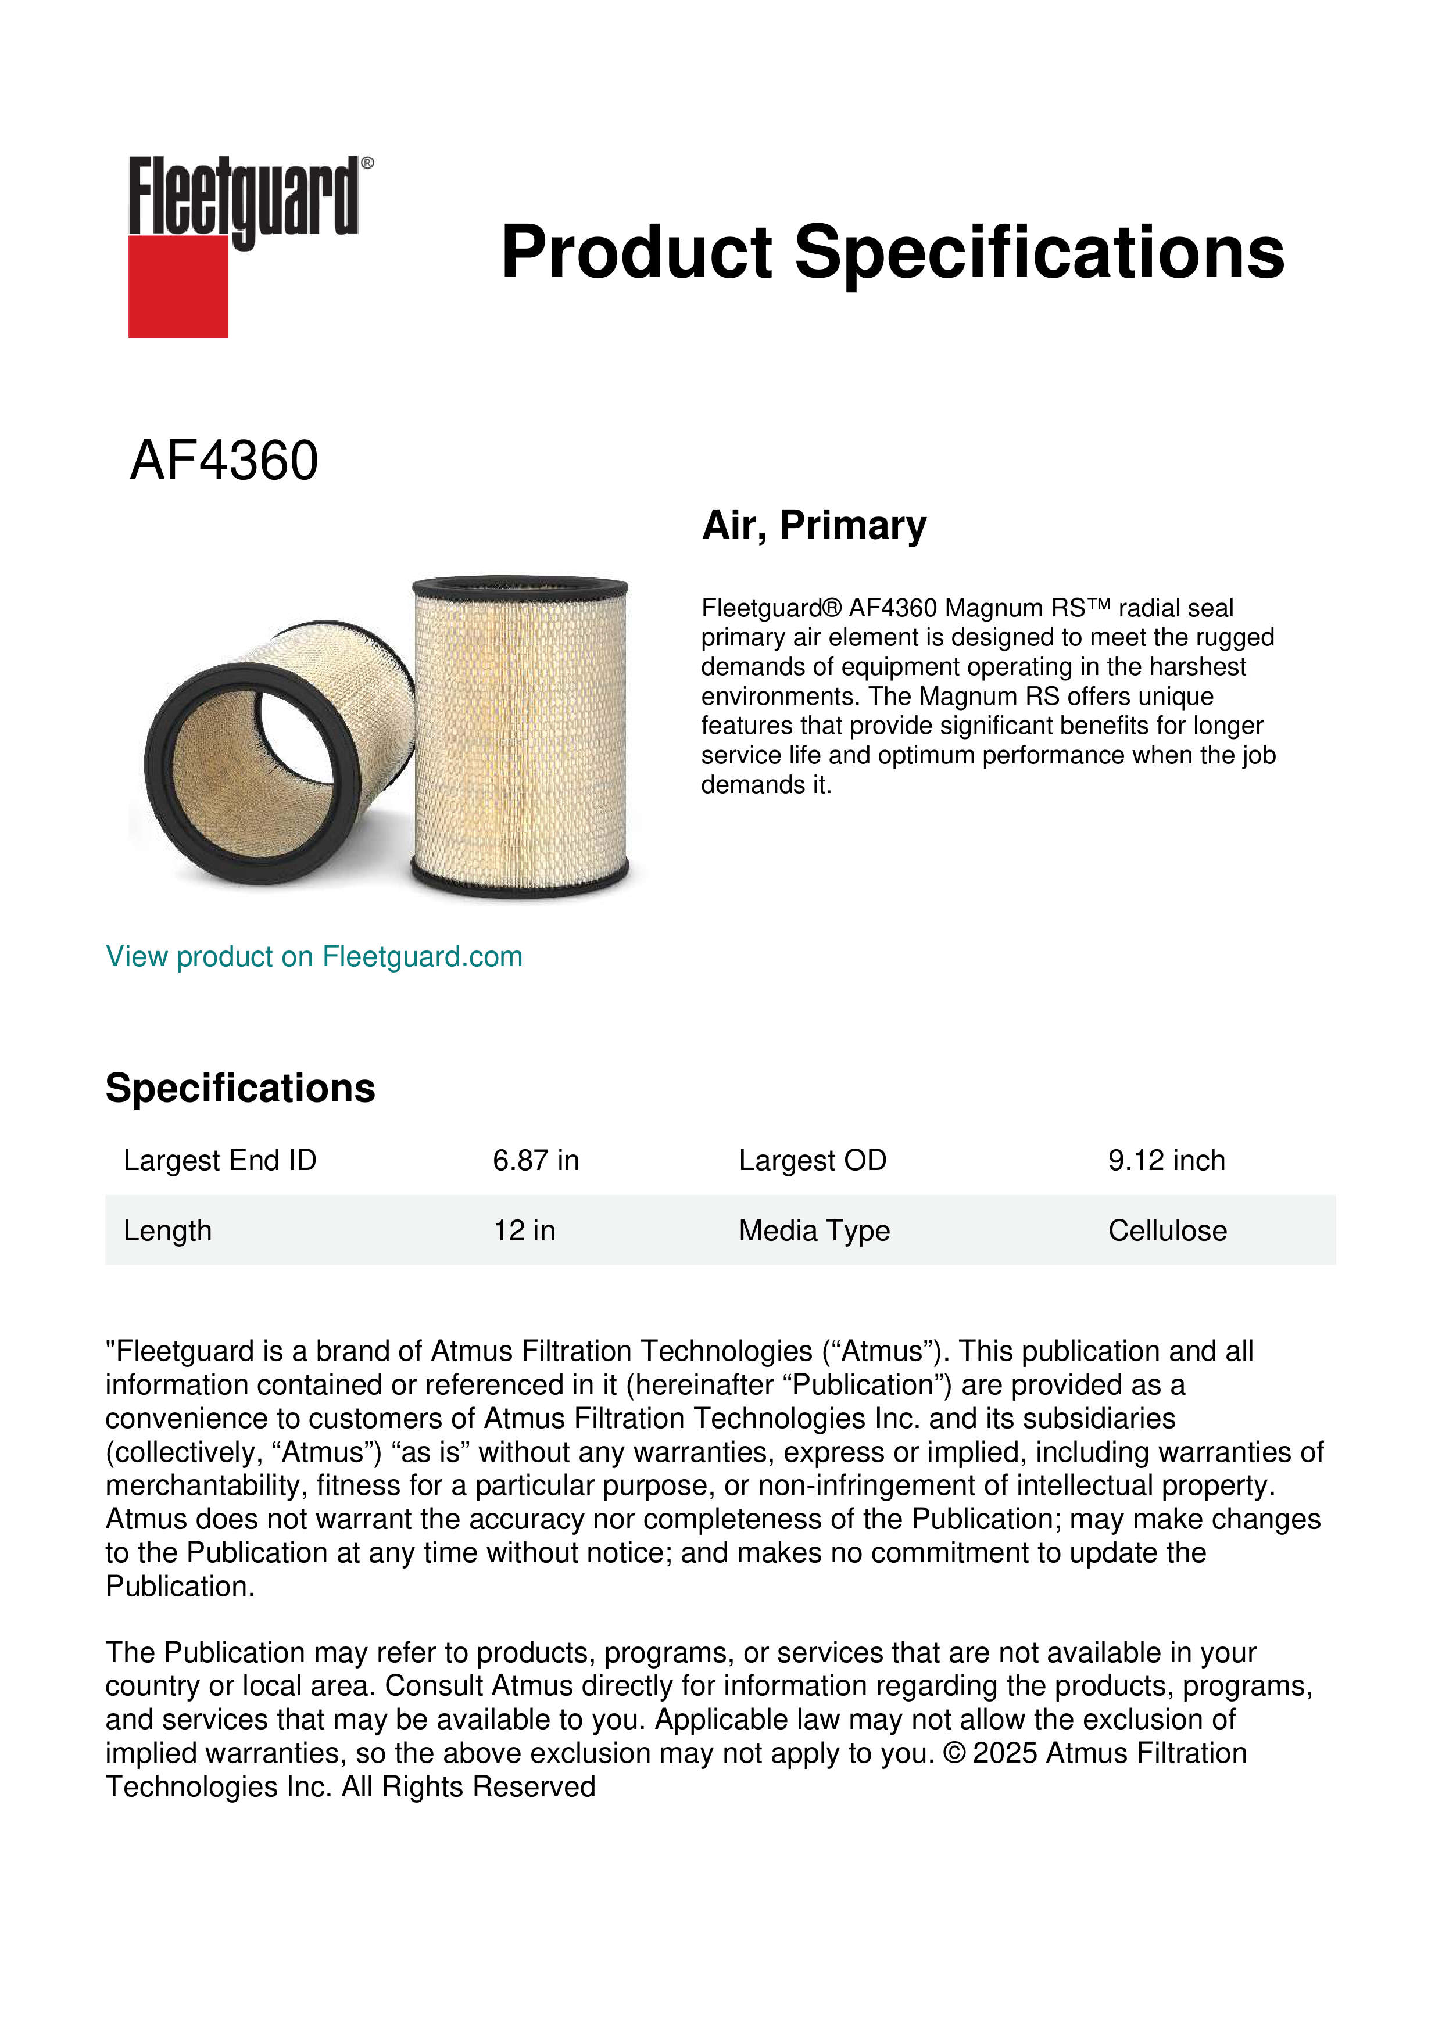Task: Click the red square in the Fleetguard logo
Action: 178,286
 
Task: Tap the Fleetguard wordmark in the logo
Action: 244,196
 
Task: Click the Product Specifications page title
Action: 892,252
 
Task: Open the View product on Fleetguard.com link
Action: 313,957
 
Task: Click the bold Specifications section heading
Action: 239,1088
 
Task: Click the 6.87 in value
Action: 535,1160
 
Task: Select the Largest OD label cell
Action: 813,1160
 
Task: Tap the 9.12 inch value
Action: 1166,1160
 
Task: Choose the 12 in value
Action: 524,1230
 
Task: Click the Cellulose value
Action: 1167,1230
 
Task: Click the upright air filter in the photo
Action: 520,737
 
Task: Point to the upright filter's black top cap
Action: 520,587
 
